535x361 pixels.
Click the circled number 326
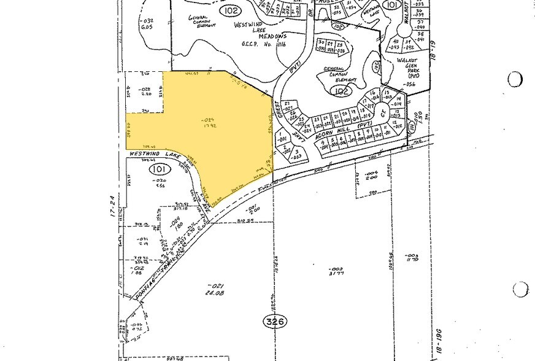[x=274, y=320]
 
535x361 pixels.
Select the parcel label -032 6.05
[x=147, y=24]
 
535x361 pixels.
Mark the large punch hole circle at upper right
[x=515, y=79]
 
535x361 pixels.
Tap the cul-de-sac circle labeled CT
[x=382, y=112]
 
